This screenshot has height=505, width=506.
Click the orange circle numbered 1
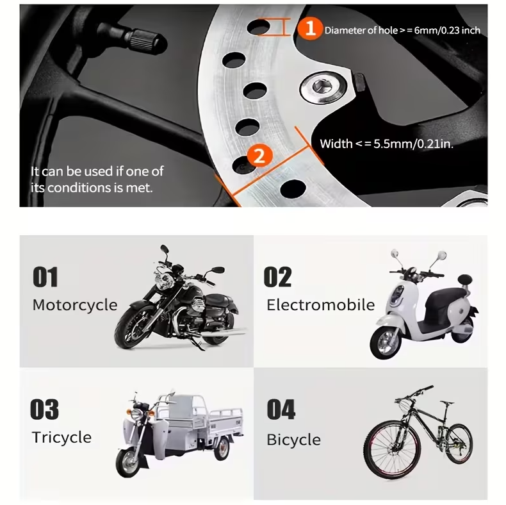tap(310, 28)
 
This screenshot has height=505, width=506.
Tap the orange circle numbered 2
tap(260, 156)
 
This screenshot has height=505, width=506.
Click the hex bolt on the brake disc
tap(323, 87)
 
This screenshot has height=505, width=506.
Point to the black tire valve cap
tap(147, 42)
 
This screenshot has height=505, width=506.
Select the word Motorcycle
tap(75, 305)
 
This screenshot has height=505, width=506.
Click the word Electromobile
tap(320, 305)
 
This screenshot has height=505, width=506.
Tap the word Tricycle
tap(61, 438)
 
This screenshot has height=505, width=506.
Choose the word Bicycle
tap(293, 440)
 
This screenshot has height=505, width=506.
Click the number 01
tap(45, 277)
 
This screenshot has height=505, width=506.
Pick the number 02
tap(277, 277)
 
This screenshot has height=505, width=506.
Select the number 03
tap(45, 410)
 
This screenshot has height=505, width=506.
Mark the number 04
tap(281, 410)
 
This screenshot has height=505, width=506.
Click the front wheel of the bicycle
tap(393, 449)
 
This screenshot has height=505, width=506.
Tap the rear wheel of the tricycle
tap(222, 449)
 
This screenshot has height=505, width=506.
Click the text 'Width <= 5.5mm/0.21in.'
tap(386, 144)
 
